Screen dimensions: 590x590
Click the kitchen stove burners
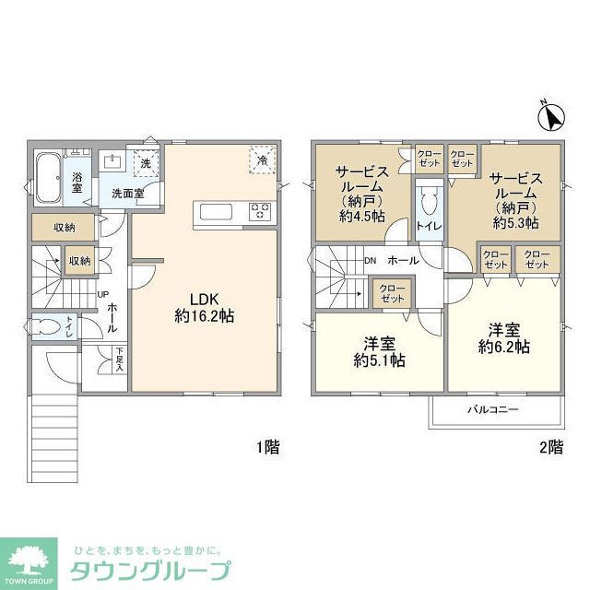pyautogui.click(x=260, y=212)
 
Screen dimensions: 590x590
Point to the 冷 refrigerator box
pyautogui.click(x=263, y=160)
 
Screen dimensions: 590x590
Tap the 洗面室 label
pyautogui.click(x=127, y=194)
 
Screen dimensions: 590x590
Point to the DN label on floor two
pyautogui.click(x=370, y=261)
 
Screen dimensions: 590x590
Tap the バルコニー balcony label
pyautogui.click(x=491, y=408)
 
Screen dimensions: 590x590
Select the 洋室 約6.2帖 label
pyautogui.click(x=503, y=338)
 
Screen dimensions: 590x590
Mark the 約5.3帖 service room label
pyautogui.click(x=515, y=200)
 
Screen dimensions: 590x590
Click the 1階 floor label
pyautogui.click(x=268, y=448)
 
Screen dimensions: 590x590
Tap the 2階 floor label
pyautogui.click(x=551, y=448)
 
